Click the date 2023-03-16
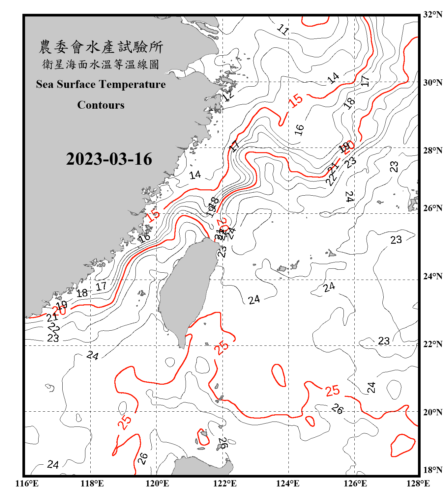109,159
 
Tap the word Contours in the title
101,105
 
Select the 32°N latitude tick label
432,14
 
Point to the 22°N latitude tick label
432,344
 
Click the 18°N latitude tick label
432,470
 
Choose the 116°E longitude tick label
27,483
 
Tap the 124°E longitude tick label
288,483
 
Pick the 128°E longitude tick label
418,483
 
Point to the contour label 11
283,30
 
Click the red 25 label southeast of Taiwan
222,347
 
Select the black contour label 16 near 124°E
299,130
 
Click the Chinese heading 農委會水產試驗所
101,47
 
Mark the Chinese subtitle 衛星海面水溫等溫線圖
101,64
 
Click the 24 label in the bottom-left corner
53,464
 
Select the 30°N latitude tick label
432,82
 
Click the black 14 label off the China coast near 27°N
195,175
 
